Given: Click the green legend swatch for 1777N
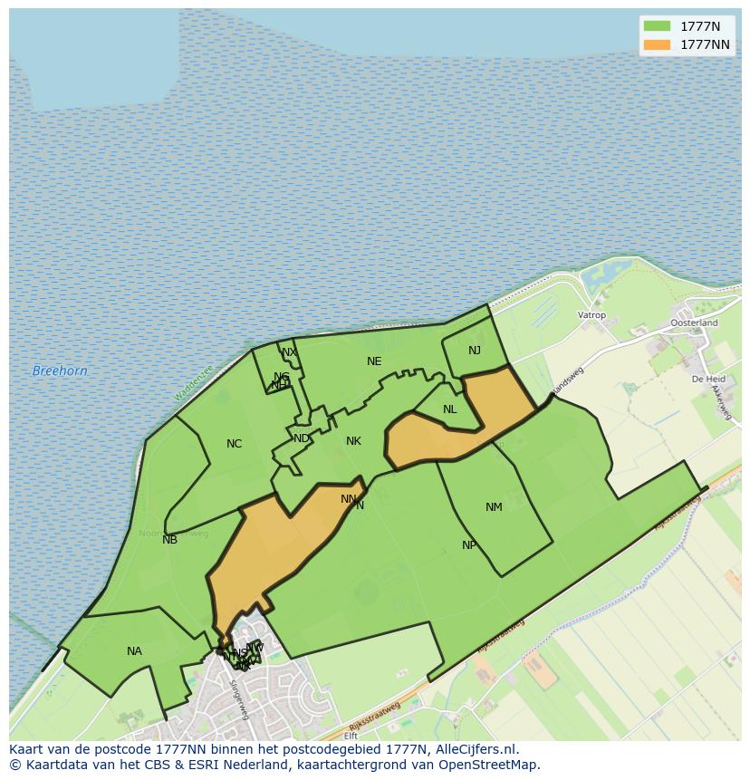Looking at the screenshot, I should [x=657, y=25].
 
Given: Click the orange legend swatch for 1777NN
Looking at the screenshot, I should [x=657, y=44].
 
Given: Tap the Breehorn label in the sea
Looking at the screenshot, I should [x=60, y=371].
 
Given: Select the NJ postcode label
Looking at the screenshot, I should [x=475, y=351].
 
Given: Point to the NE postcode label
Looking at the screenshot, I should [x=374, y=361].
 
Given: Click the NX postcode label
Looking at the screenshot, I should [x=289, y=352].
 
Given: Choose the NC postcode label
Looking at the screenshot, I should [x=235, y=444].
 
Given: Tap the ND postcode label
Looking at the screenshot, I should [x=302, y=438].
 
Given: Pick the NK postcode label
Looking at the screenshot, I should [x=353, y=441].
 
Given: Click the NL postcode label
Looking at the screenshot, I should [x=450, y=409].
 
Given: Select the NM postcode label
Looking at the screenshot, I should [x=494, y=507].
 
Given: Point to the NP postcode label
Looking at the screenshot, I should [x=469, y=545].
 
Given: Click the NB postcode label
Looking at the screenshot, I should [x=170, y=540].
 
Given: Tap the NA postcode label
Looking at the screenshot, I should [x=134, y=651].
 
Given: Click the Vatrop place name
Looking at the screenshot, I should [x=591, y=315].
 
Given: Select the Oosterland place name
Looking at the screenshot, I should [x=694, y=323].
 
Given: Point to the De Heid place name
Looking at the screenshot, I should [x=708, y=379].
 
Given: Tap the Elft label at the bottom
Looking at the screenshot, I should [x=351, y=736].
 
